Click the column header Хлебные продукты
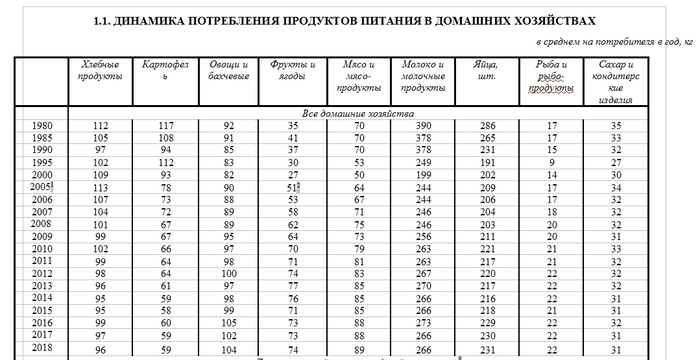click(100, 70)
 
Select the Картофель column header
click(164, 70)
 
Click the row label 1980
click(41, 125)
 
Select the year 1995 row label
click(41, 161)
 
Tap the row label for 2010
click(41, 248)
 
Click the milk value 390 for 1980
click(422, 125)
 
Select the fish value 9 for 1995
click(551, 161)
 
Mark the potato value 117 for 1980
click(164, 125)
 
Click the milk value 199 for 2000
click(422, 174)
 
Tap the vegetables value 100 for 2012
click(228, 273)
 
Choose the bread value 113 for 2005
click(100, 186)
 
